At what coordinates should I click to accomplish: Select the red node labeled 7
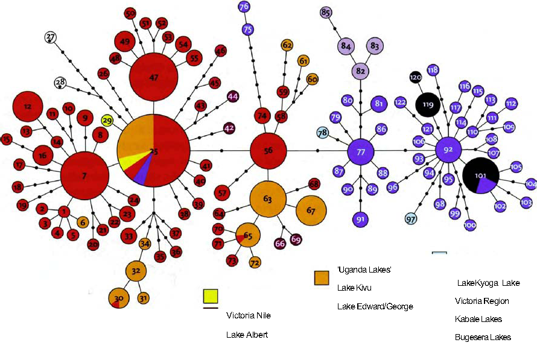84,175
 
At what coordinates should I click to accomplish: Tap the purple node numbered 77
361,152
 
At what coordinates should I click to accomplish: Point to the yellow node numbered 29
107,121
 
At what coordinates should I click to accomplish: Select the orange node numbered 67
311,210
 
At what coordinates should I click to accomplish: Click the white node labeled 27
51,37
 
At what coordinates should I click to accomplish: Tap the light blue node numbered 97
411,218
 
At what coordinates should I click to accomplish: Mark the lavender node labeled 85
326,13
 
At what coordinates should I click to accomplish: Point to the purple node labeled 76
244,7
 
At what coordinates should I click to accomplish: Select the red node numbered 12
28,106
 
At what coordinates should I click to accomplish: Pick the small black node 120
415,78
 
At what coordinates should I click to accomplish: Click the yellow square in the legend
210,296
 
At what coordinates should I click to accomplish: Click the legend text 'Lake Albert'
247,335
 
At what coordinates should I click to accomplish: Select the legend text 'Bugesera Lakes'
483,337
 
